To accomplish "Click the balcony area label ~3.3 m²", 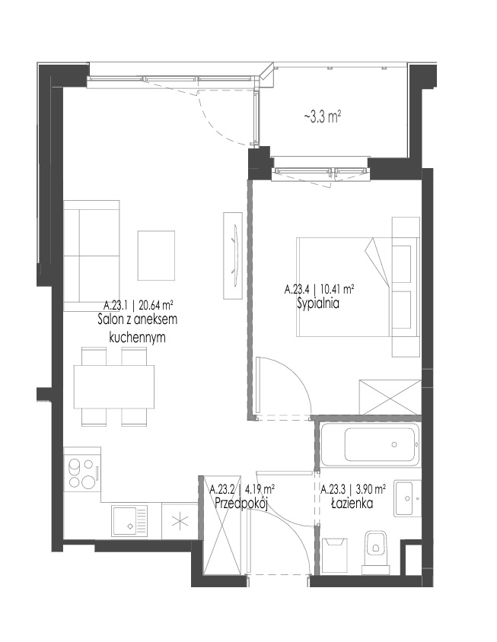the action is coord(323,117).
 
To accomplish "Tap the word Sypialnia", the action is coord(318,304).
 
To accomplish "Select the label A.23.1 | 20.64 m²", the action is coord(138,305).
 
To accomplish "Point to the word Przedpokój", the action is coord(241,503).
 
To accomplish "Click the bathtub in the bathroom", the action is coord(370,445).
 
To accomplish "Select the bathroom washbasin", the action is coord(408,498).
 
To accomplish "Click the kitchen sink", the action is coord(129,520).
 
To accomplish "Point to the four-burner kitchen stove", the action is coord(82,473).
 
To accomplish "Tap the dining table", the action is coord(114,386).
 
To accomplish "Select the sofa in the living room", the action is coord(92,256).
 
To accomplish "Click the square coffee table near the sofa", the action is coord(156,256).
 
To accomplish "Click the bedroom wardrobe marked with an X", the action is coord(390,398).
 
